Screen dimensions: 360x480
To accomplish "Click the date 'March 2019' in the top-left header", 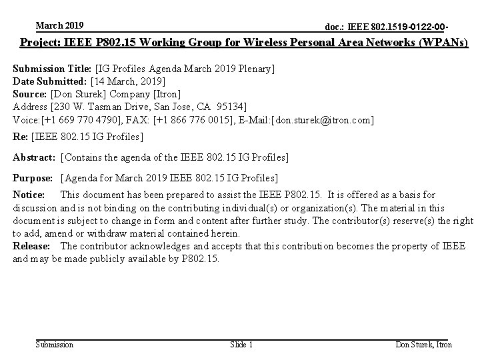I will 59,25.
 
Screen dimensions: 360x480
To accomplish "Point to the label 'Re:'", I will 21,137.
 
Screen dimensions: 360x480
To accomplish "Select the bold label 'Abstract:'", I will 35,157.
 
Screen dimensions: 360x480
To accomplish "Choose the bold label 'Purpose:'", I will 33,178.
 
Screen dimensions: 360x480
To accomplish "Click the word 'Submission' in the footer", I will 54,345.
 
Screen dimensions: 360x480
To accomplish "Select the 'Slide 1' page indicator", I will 241,345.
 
